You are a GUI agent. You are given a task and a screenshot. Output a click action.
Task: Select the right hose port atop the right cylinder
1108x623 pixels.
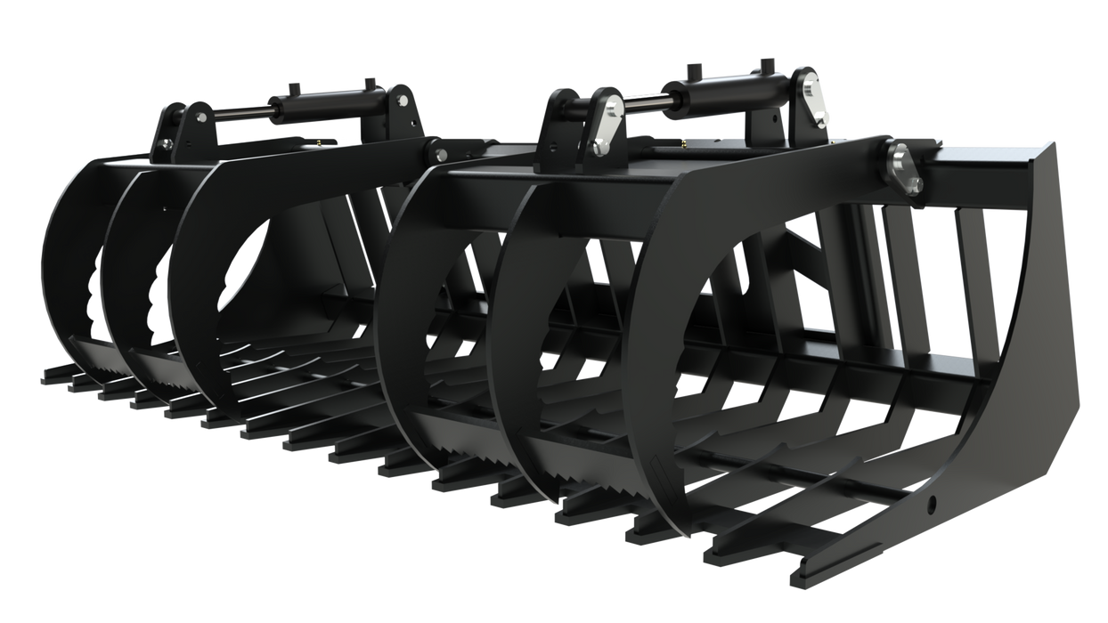pyautogui.click(x=763, y=65)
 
